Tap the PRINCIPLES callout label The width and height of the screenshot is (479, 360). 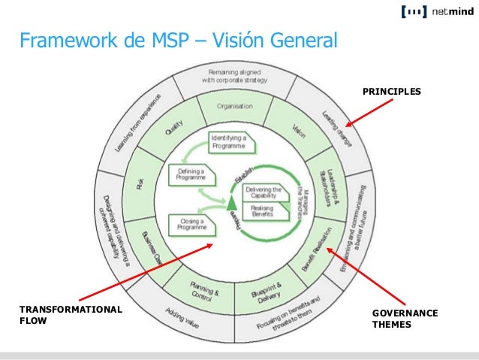[392, 91]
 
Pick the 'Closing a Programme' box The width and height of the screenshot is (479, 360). [192, 223]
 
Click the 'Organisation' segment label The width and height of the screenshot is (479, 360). [234, 106]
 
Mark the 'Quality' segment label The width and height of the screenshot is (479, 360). [173, 133]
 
